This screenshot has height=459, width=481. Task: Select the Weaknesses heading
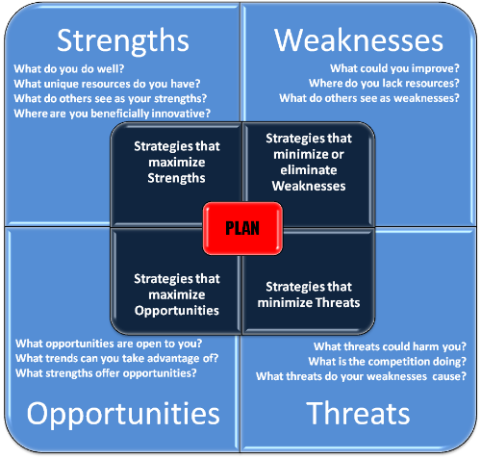click(x=359, y=40)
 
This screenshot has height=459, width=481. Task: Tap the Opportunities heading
click(x=123, y=414)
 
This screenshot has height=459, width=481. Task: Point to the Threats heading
click(x=358, y=414)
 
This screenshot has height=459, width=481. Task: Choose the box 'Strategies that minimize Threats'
click(x=313, y=294)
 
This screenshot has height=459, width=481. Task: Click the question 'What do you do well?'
click(x=65, y=69)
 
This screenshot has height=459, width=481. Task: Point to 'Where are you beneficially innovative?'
click(x=114, y=114)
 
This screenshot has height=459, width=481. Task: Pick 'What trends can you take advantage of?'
click(x=116, y=359)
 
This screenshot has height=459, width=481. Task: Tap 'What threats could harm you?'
click(x=390, y=347)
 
